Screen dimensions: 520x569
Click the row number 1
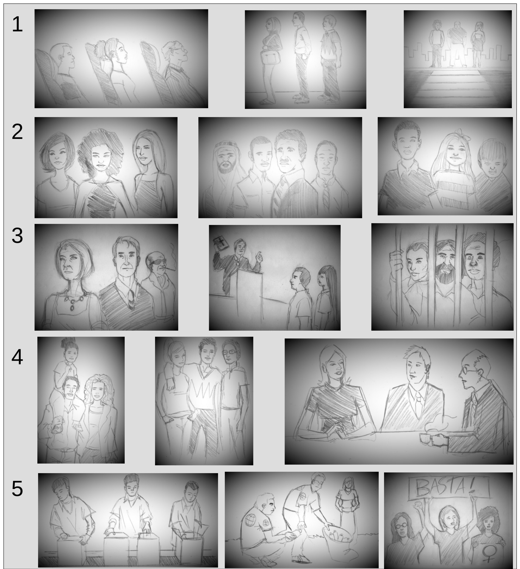click(x=17, y=25)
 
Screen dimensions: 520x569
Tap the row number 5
click(x=17, y=489)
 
